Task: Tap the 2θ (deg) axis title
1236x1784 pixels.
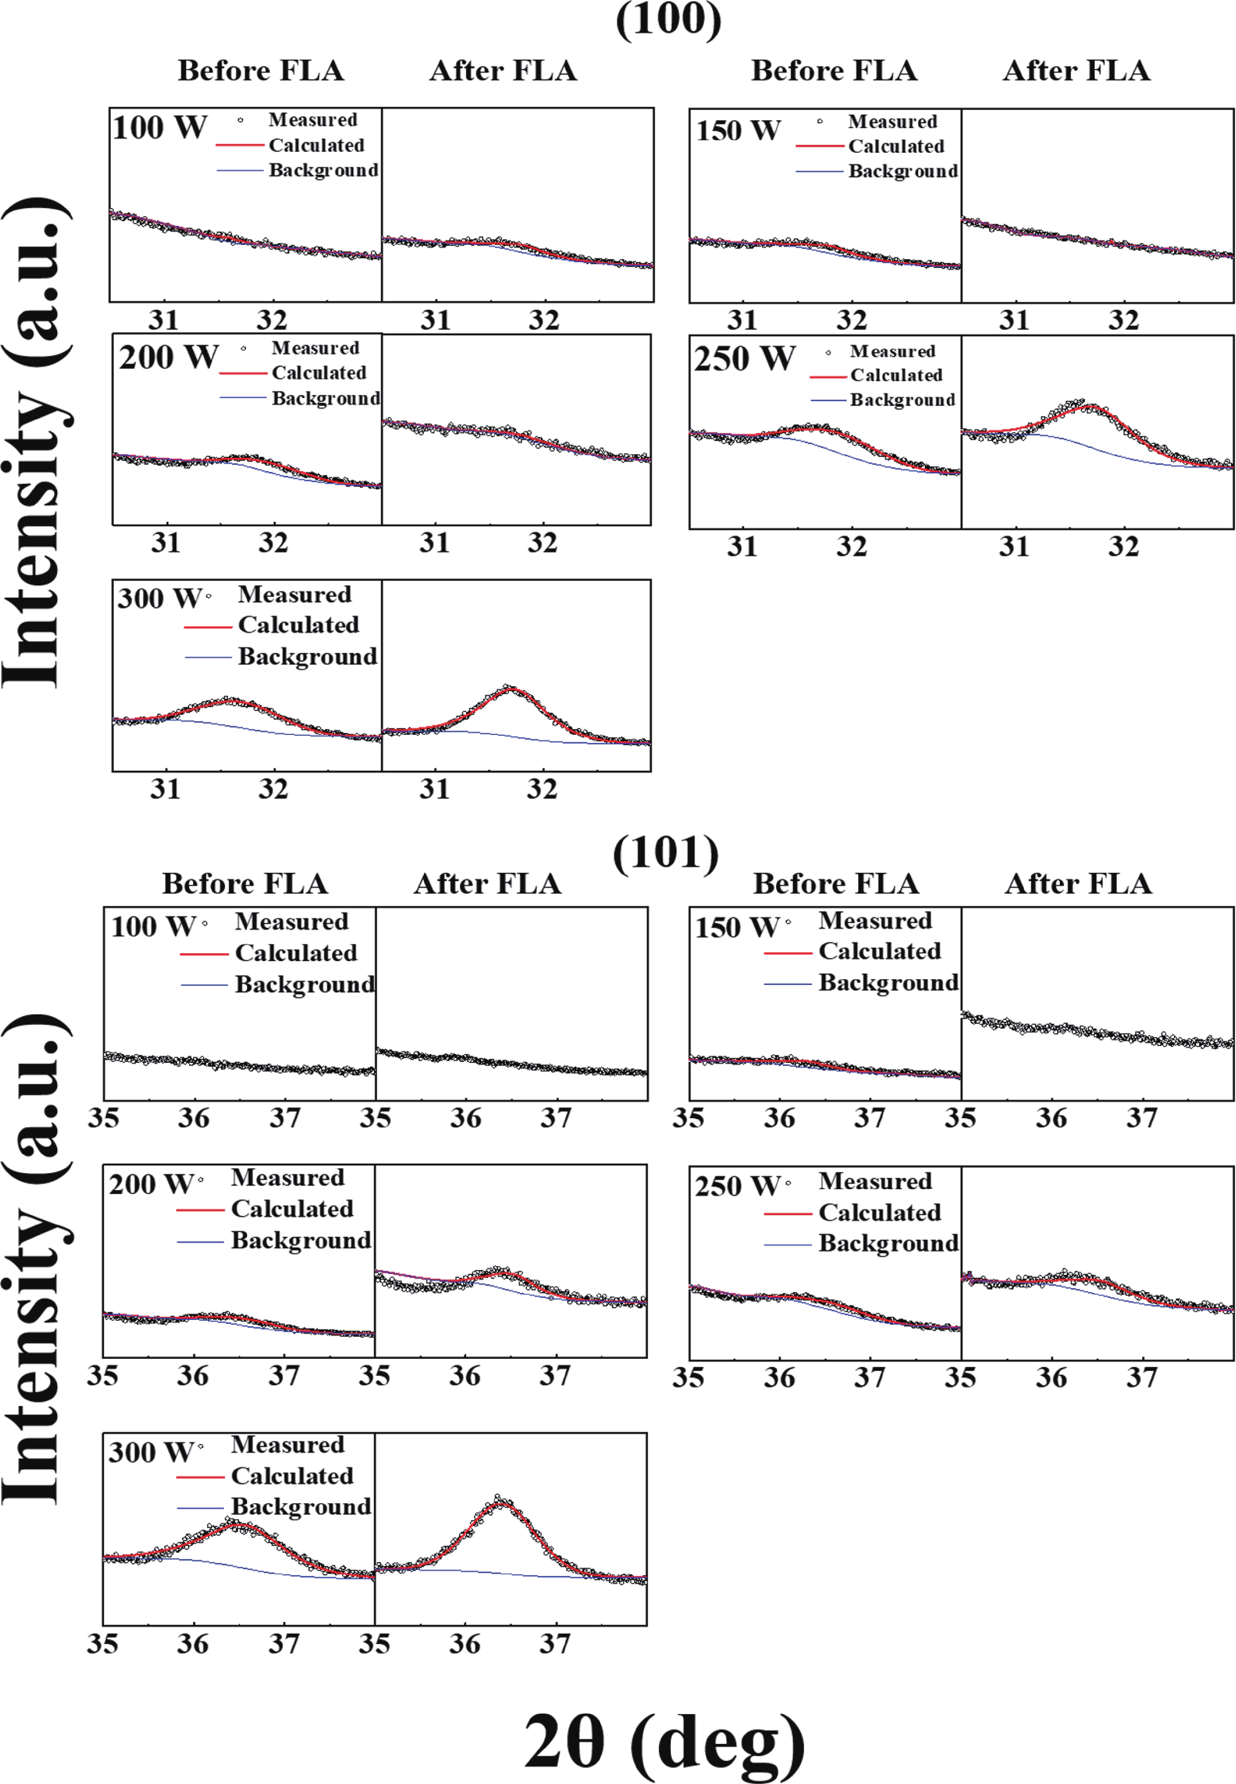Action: [664, 1741]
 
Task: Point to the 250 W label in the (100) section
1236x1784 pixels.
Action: [744, 359]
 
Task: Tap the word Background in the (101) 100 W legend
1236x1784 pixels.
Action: [304, 985]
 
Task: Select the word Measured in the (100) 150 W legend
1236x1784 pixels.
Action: [892, 122]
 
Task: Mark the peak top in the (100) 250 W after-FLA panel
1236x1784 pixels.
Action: [1090, 405]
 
